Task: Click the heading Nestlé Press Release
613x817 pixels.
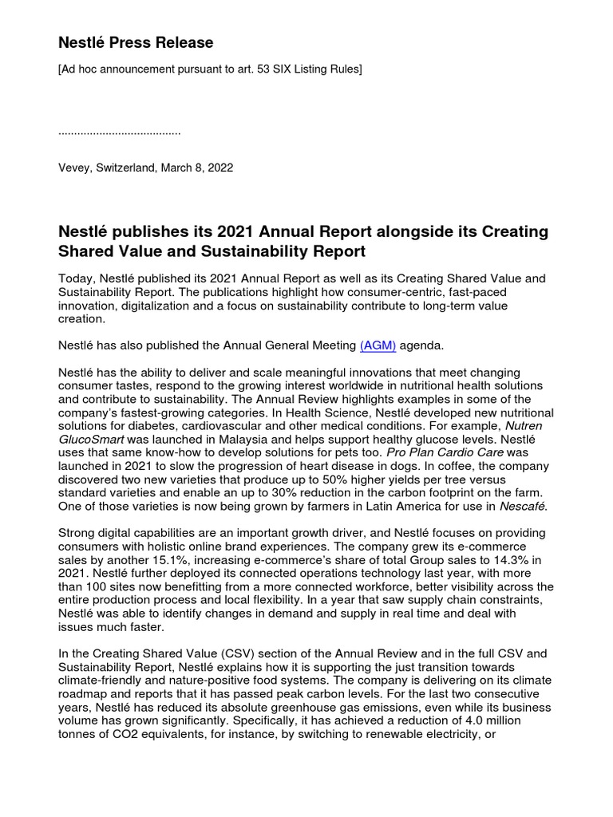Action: click(136, 42)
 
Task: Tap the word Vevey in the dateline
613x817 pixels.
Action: click(76, 168)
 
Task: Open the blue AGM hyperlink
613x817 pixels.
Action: click(378, 345)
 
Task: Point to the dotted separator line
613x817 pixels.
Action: click(120, 130)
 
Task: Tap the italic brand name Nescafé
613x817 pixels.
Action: click(524, 505)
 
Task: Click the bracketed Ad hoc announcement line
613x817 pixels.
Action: click(210, 70)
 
